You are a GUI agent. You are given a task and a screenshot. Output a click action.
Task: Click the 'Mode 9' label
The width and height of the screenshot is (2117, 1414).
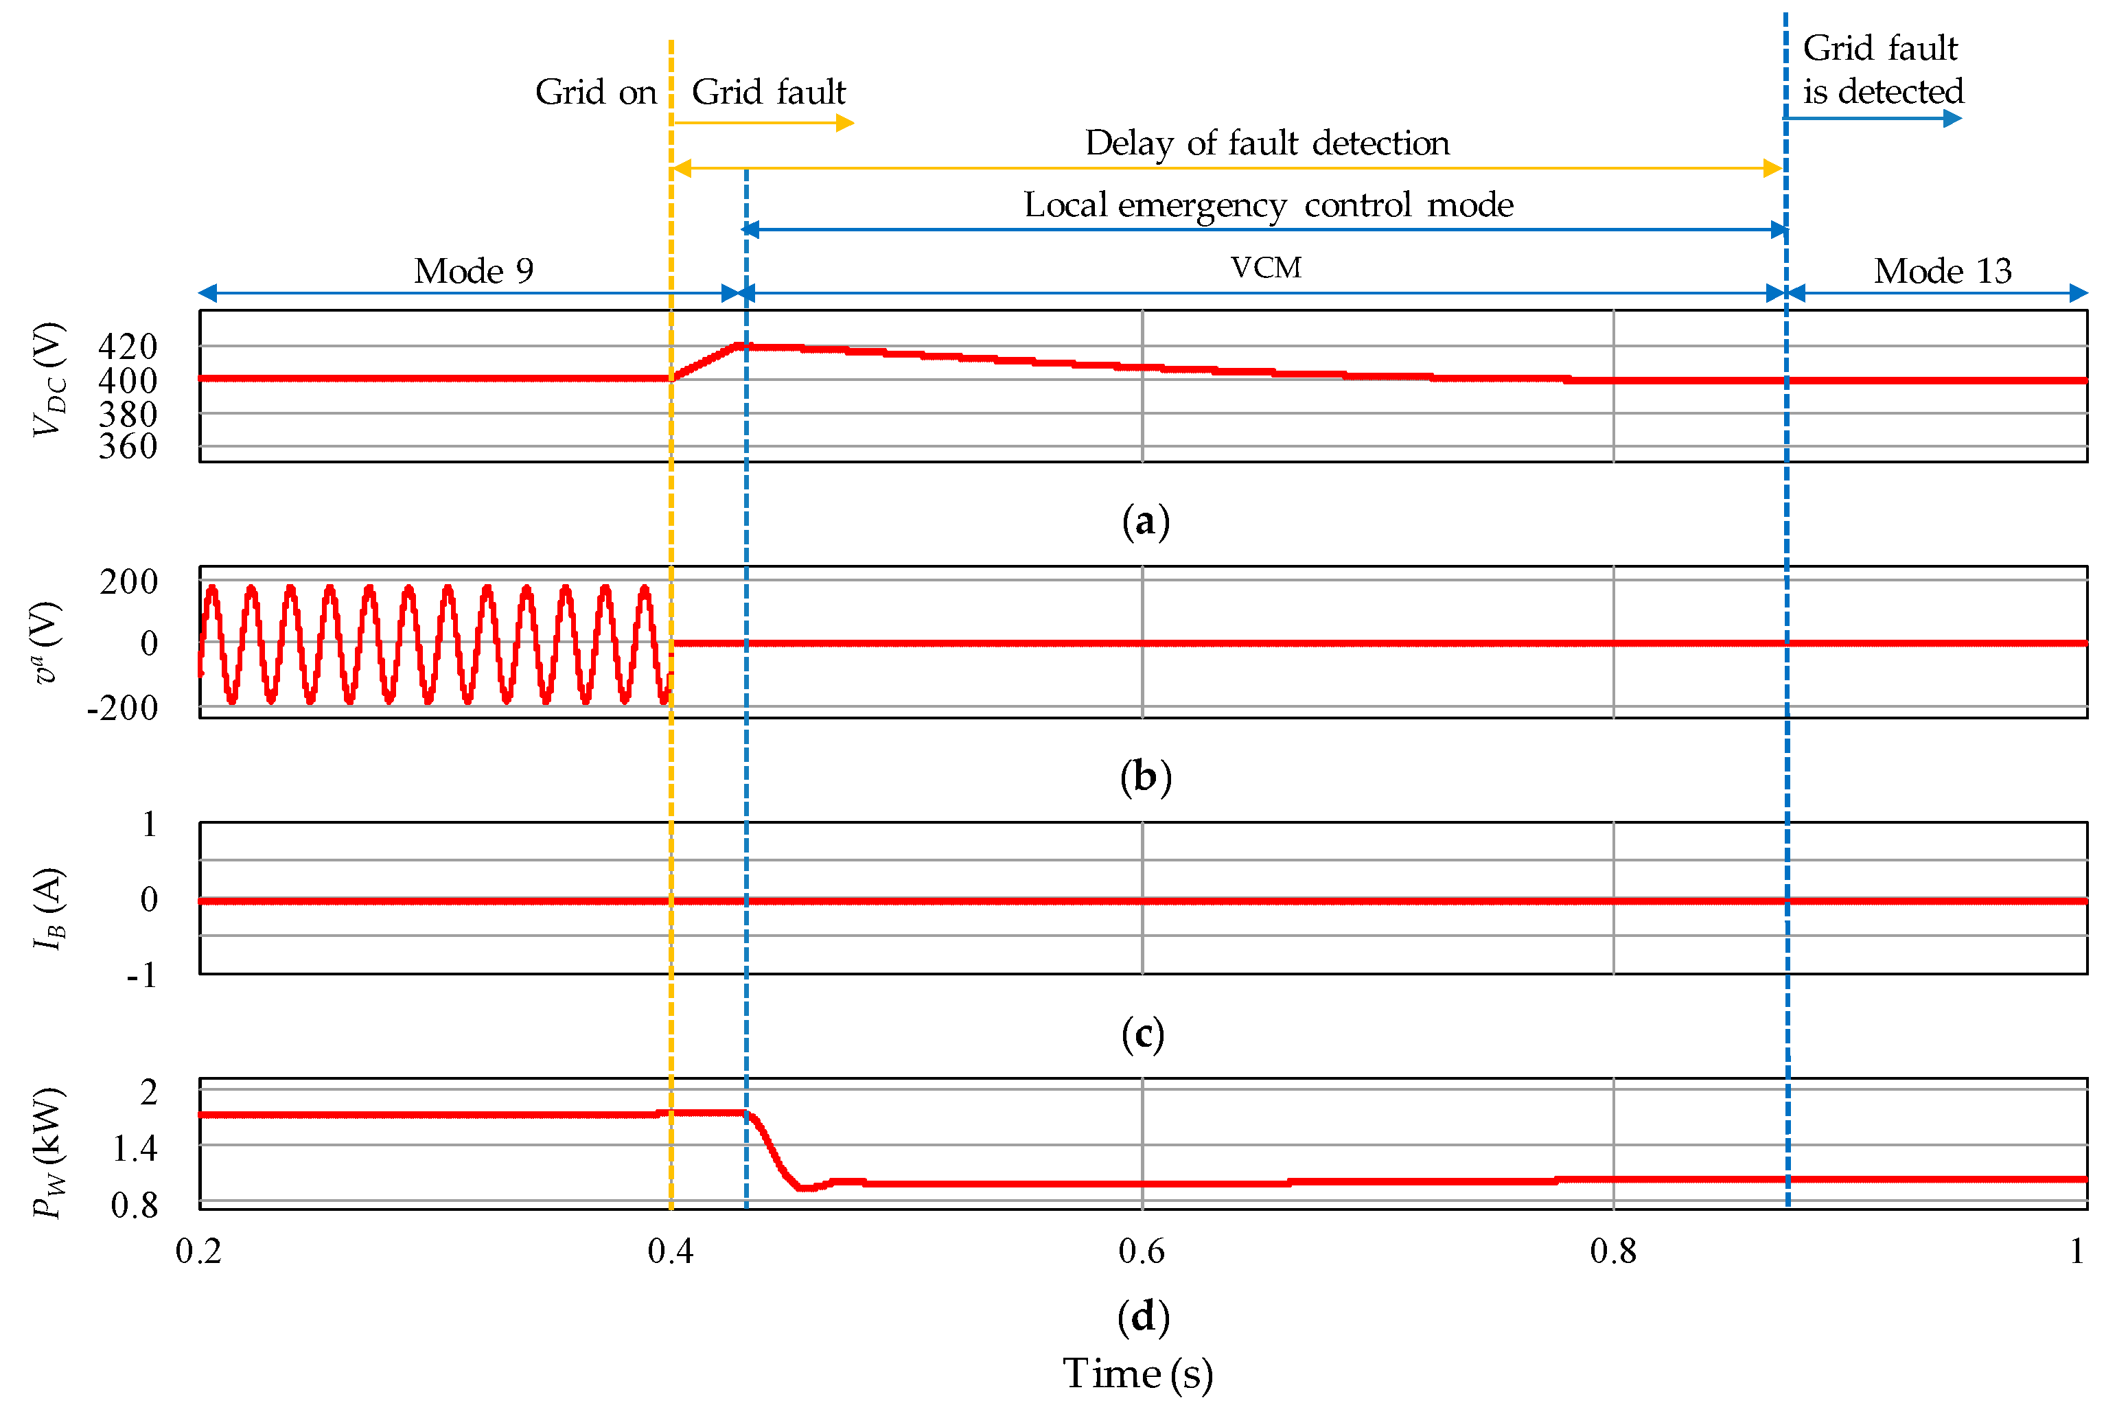(x=474, y=270)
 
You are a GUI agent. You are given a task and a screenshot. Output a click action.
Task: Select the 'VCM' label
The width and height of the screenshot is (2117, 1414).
(x=1266, y=268)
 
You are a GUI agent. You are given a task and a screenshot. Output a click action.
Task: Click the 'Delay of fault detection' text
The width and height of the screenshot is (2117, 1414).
(x=1266, y=143)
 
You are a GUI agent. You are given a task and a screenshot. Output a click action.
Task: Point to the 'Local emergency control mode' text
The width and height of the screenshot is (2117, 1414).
(x=1269, y=205)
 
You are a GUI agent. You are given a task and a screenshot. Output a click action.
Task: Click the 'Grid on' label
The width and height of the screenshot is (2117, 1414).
(x=596, y=92)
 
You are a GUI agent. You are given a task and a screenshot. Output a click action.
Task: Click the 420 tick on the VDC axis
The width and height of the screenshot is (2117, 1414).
(x=128, y=346)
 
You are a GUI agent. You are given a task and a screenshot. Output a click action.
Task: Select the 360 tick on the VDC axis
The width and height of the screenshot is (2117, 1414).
(x=128, y=446)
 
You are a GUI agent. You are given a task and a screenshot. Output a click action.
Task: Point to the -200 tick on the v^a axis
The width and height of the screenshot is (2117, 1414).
(x=123, y=708)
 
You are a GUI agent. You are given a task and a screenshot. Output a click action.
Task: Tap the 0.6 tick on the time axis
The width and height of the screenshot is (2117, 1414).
(x=1142, y=1251)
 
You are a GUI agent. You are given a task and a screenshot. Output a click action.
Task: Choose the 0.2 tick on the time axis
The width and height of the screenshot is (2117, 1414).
(x=198, y=1251)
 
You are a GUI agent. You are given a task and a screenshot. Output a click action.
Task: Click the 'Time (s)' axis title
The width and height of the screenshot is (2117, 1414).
(x=1138, y=1374)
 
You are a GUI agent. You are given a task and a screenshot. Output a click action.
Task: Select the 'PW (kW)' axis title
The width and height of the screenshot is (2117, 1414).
(x=48, y=1152)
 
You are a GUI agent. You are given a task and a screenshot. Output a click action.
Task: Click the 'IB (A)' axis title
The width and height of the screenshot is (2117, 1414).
(x=48, y=909)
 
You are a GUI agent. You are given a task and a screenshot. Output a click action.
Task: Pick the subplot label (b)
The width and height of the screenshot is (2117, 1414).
(x=1145, y=776)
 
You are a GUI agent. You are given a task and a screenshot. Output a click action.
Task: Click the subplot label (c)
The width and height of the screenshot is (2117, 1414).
(x=1143, y=1034)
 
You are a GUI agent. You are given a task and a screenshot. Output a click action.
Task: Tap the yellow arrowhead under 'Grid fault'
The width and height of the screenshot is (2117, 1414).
(x=845, y=123)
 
